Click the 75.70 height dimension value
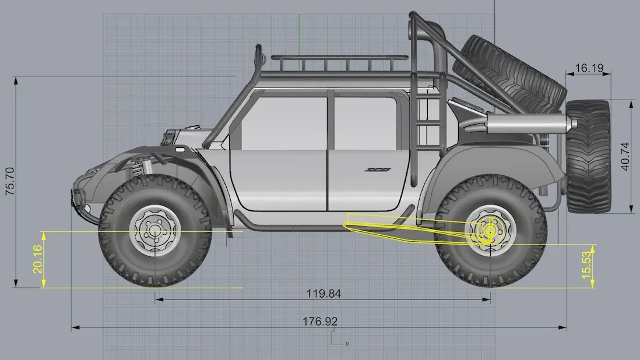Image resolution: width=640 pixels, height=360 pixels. [10, 181]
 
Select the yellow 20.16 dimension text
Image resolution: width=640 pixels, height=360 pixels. [37, 259]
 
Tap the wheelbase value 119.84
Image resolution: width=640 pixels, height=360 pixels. [323, 294]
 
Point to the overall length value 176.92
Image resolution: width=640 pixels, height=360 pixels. [320, 322]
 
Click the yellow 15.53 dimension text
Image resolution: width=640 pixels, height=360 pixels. [586, 265]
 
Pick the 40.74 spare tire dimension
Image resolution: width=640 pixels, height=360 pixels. [624, 156]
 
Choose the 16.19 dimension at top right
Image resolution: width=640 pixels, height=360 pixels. [589, 68]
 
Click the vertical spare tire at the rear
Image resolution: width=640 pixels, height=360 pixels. [588, 157]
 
